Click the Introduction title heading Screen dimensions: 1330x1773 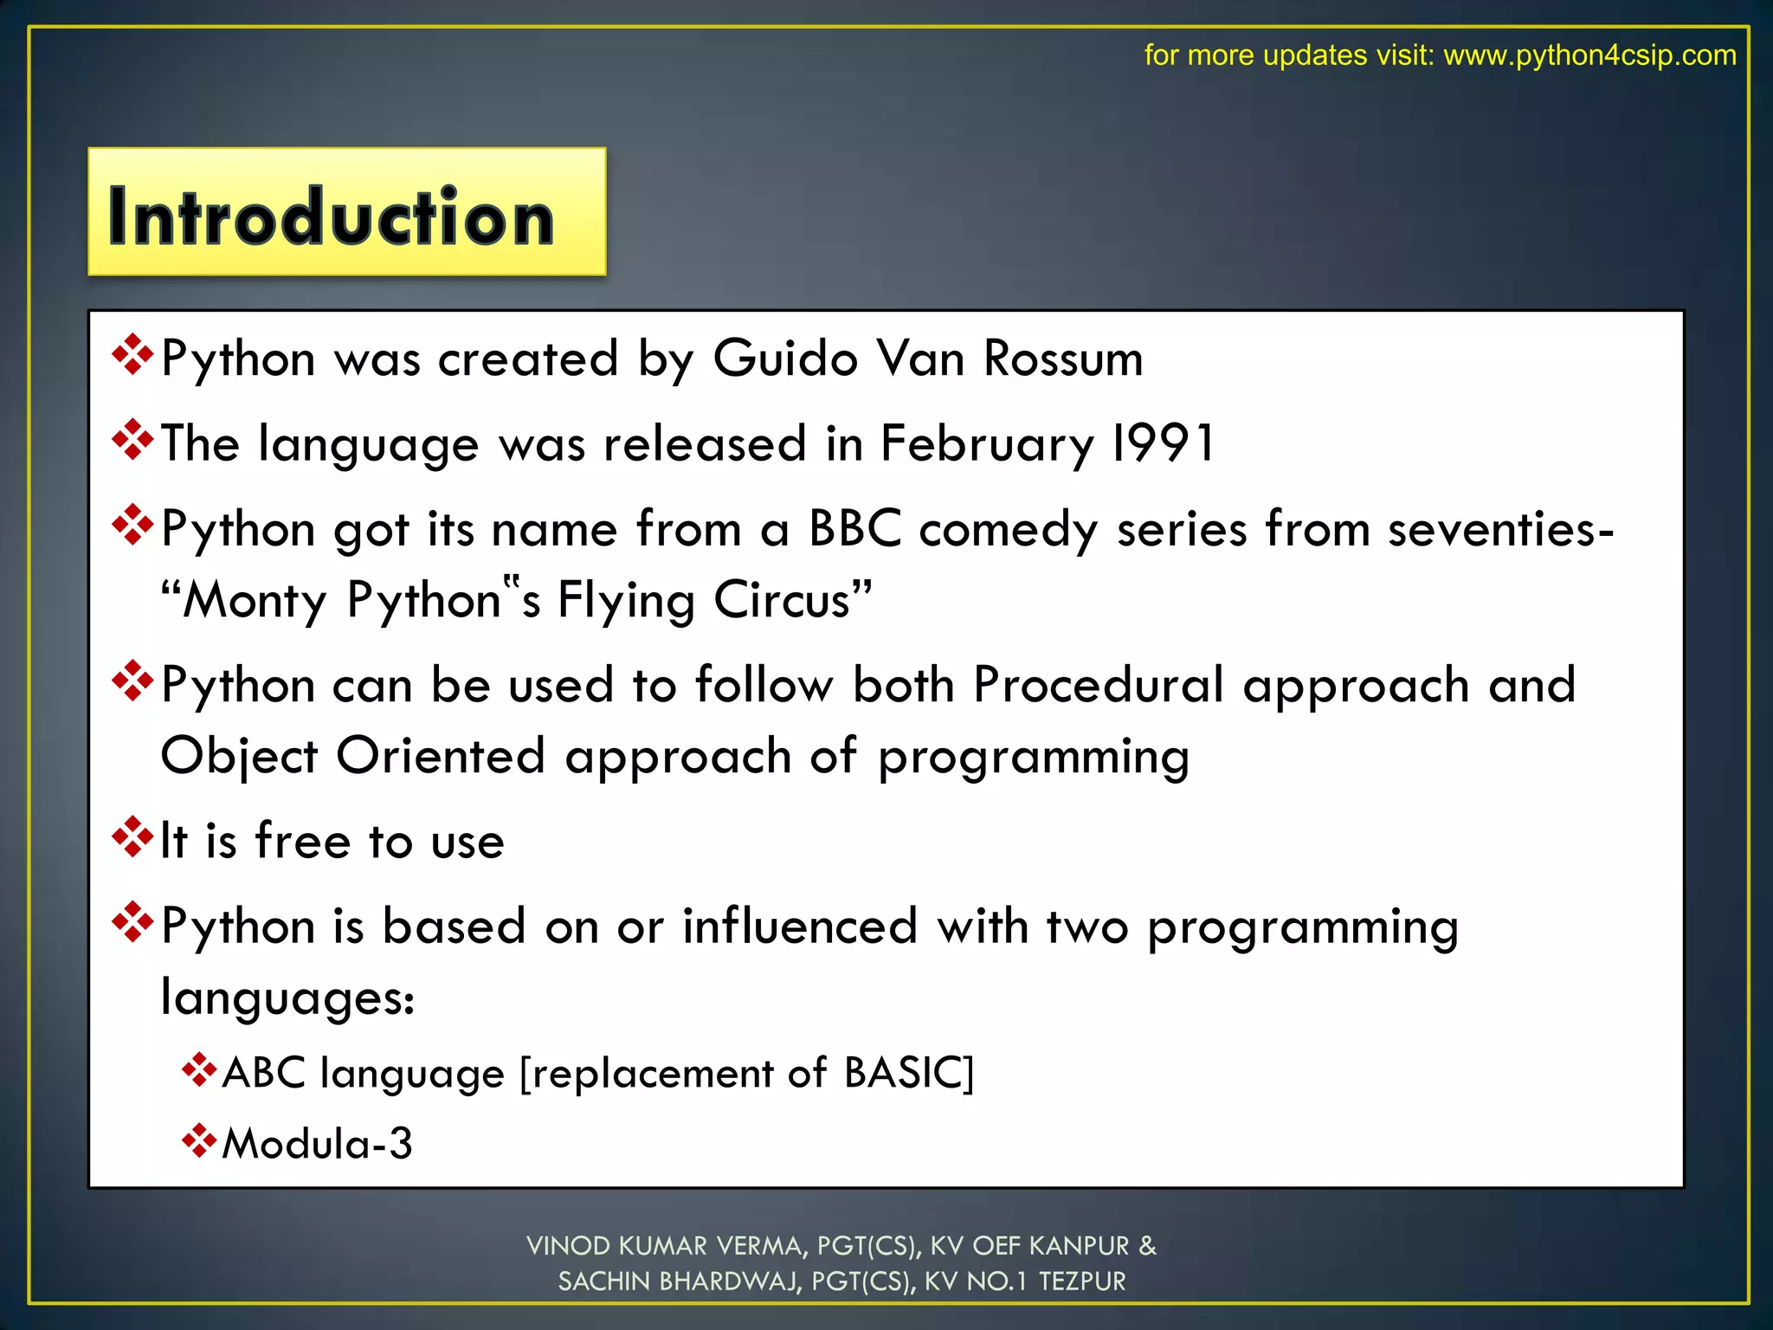[331, 216]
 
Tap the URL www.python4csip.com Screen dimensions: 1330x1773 [1589, 55]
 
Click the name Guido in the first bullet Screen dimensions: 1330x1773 [785, 358]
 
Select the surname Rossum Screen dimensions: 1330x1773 [1063, 358]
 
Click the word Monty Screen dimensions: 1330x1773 [255, 601]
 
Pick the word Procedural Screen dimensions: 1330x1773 [1098, 685]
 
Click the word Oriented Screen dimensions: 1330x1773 [440, 756]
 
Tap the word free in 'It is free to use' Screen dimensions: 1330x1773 [302, 841]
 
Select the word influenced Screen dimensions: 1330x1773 [800, 926]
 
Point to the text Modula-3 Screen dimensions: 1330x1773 [317, 1144]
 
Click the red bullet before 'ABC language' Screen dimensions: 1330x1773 [198, 1070]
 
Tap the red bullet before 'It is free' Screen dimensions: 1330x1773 [132, 837]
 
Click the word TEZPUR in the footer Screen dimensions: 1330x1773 [1082, 1282]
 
